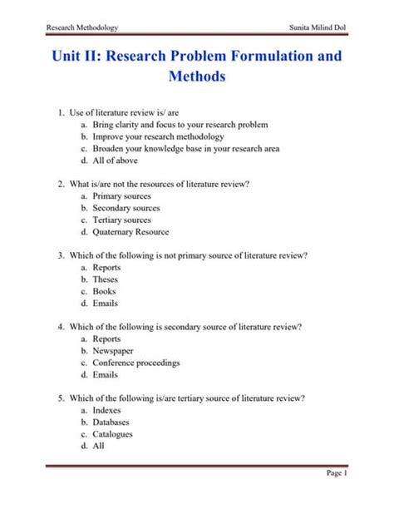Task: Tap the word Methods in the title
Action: (196, 77)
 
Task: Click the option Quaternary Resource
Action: (131, 232)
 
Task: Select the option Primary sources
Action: (121, 196)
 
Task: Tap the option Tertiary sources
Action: (122, 220)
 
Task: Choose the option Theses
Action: (106, 279)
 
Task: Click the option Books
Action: (105, 292)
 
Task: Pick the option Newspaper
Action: (113, 351)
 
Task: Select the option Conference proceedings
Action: (136, 363)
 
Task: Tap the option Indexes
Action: (107, 410)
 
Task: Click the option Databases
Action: (112, 423)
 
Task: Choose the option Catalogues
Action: (113, 434)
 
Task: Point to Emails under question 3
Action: (106, 304)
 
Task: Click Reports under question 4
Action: (106, 339)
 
